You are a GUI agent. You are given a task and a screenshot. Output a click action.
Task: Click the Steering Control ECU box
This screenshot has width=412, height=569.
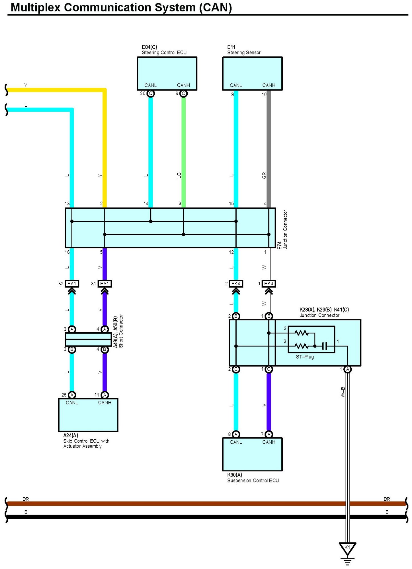pyautogui.click(x=167, y=73)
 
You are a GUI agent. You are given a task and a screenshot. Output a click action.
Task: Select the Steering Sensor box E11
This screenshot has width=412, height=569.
pyautogui.click(x=252, y=73)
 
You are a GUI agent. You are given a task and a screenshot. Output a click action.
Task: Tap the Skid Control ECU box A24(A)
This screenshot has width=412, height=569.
pyautogui.click(x=88, y=415)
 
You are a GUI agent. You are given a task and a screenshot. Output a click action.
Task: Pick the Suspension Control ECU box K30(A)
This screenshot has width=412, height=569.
pyautogui.click(x=252, y=454)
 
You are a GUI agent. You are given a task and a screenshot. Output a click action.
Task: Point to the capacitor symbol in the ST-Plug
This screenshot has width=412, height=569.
pyautogui.click(x=324, y=346)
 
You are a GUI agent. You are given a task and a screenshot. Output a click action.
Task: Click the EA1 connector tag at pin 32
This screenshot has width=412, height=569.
pyautogui.click(x=72, y=284)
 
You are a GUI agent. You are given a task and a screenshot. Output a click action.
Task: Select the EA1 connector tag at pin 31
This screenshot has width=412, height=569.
pyautogui.click(x=104, y=284)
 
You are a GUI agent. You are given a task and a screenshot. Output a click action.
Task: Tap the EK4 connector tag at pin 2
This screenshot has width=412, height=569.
pyautogui.click(x=236, y=284)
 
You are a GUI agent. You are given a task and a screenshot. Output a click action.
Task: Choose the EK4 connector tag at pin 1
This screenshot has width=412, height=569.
pyautogui.click(x=269, y=284)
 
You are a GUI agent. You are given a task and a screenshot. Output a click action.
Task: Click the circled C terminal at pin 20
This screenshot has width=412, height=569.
pyautogui.click(x=151, y=93)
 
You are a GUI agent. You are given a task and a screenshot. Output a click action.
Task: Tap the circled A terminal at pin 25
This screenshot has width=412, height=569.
pyautogui.click(x=72, y=395)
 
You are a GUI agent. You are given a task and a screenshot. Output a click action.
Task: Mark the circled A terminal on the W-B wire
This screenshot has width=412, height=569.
pyautogui.click(x=347, y=369)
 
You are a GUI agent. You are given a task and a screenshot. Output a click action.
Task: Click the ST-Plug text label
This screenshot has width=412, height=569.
pyautogui.click(x=305, y=357)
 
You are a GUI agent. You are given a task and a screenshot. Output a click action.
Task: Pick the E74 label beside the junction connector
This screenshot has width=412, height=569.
pyautogui.click(x=279, y=245)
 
